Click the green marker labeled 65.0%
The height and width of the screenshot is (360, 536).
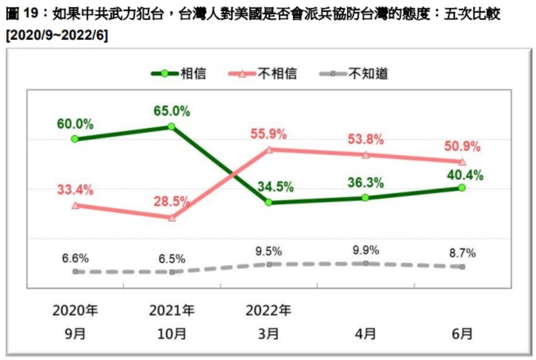[172, 126]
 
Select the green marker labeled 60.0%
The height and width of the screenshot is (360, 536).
[75, 139]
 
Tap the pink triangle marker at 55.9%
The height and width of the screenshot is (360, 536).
[269, 150]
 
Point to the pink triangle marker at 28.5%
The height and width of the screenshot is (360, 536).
[172, 218]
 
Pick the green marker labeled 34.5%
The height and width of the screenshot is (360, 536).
[268, 202]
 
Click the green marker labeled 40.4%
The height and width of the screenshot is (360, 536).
[462, 188]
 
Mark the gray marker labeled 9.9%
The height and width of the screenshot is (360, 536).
[366, 263]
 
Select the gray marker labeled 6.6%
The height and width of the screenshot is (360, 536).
[75, 271]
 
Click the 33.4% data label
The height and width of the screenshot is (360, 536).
[75, 190]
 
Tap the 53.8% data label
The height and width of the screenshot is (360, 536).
[366, 139]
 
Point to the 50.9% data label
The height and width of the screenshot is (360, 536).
[462, 147]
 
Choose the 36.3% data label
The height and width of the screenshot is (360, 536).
[366, 183]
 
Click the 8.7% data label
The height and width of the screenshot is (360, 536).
[462, 253]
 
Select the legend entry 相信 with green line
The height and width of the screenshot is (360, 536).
[179, 74]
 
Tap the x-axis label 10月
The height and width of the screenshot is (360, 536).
[172, 333]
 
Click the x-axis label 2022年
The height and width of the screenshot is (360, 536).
[268, 310]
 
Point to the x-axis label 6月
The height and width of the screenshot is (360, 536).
[462, 333]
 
